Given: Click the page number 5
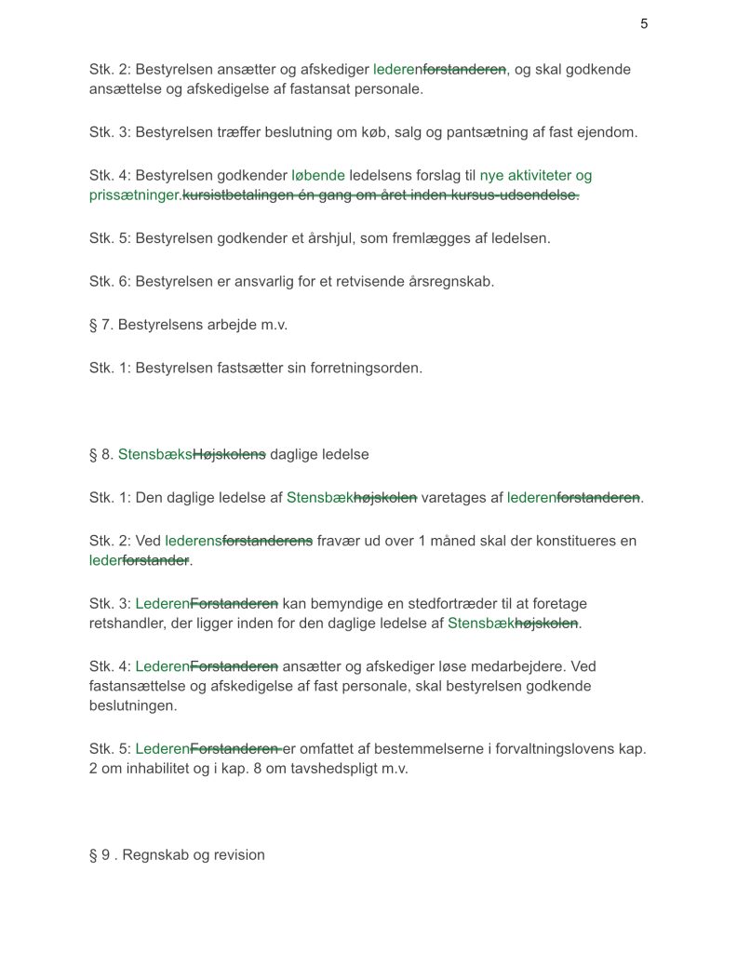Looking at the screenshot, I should pos(644,24).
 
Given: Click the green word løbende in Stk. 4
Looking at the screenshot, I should pos(318,175).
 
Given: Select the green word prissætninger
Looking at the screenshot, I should pos(135,195).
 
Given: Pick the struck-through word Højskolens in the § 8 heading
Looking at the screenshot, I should pos(229,454).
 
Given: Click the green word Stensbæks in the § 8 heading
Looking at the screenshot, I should pos(154,454).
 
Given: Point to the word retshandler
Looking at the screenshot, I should pos(127,624).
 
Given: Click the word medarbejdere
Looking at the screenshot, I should pos(519,666).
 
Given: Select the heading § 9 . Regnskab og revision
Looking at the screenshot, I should pos(177,855).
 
